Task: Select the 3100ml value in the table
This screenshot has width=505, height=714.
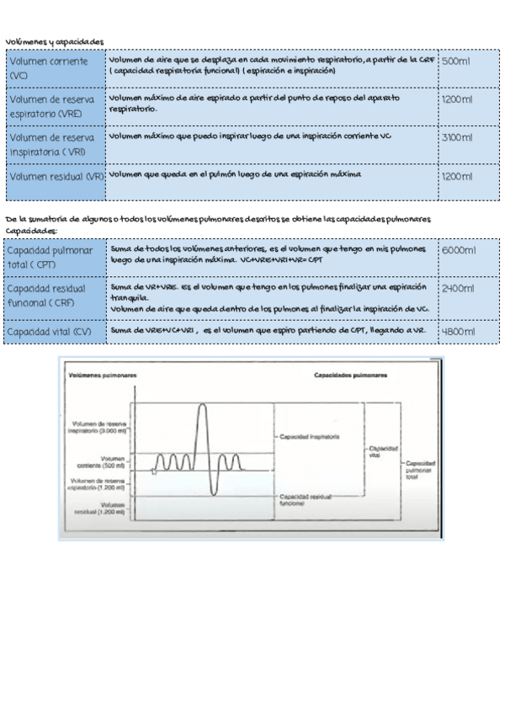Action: click(x=456, y=136)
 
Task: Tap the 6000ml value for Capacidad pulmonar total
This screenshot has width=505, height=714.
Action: click(x=459, y=251)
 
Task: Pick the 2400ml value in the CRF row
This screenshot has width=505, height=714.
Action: click(x=459, y=288)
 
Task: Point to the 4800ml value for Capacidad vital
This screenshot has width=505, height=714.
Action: click(x=459, y=332)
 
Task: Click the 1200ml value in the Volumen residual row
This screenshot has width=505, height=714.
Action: click(x=457, y=177)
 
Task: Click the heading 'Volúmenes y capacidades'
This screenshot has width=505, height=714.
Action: click(x=54, y=40)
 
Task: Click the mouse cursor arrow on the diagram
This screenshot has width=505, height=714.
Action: click(x=153, y=472)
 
